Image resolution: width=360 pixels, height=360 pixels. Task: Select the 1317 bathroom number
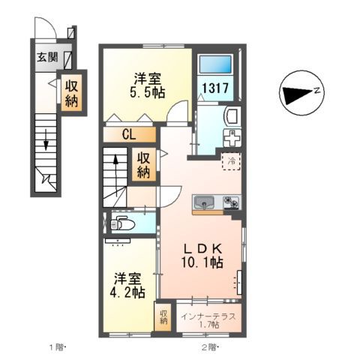(x=217, y=87)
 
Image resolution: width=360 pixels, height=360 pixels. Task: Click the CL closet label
(x=129, y=135)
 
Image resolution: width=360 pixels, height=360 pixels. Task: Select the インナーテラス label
(x=208, y=316)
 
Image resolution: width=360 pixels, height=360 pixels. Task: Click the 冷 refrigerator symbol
(x=232, y=160)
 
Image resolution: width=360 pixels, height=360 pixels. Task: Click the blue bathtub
(x=217, y=64)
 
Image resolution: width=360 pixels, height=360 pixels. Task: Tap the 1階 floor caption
(x=58, y=347)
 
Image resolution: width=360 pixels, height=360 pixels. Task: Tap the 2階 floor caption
(x=208, y=347)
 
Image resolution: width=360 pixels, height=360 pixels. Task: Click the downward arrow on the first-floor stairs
(x=46, y=142)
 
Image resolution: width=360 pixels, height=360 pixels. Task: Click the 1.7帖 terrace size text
(x=209, y=325)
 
